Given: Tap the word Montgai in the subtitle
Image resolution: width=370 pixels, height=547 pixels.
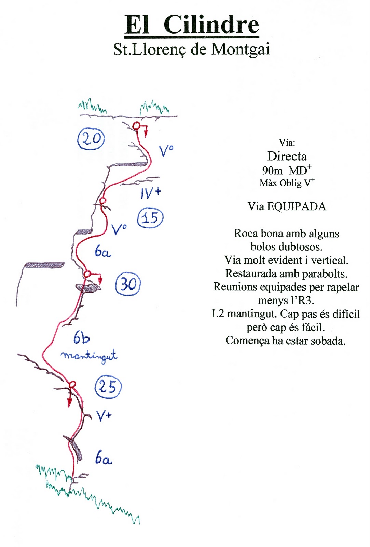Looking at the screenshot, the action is point(241,49).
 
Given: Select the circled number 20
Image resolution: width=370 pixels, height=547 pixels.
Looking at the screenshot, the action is point(91,138).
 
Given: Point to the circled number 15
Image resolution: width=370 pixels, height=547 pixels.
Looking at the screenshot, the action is point(150,217).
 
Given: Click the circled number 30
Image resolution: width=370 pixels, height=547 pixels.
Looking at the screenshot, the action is point(128,284).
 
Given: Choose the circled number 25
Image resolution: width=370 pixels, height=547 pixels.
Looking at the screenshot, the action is point(108,387).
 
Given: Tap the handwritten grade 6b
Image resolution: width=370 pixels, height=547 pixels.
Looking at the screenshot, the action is point(82,338).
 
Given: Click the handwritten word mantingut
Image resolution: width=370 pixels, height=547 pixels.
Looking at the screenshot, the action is point(89,356).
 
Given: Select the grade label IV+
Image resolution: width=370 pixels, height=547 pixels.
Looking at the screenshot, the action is point(150,193).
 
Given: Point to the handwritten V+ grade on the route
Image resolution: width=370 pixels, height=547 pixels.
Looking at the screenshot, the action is point(104,416).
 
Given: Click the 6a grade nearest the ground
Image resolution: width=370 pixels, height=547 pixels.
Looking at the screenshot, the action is point(103,458).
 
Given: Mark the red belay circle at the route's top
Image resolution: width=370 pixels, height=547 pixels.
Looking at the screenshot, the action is point(136,126).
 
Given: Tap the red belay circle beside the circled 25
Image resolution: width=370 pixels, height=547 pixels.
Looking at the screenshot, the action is point(72,385).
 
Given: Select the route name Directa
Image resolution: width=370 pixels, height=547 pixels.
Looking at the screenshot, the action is point(287,157).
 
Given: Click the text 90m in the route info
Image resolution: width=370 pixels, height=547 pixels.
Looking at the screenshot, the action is point(272,170).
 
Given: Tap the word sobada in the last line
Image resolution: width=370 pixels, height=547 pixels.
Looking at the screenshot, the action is point(328,341).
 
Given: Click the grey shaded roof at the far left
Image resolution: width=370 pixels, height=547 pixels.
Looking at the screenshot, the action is point(44,265).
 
